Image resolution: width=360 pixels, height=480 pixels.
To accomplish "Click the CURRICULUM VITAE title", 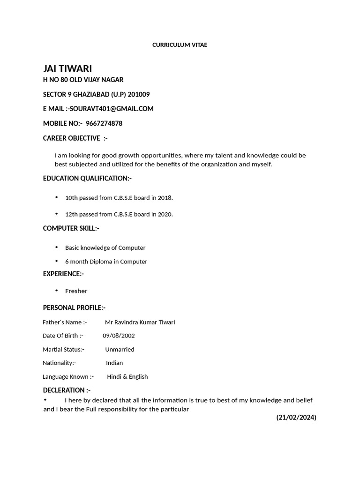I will [x=180, y=45].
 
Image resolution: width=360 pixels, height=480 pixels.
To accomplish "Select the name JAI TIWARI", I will [x=67, y=69].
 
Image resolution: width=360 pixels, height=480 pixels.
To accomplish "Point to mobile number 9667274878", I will [x=104, y=124].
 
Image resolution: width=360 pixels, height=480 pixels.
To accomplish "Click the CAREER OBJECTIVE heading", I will [x=75, y=138].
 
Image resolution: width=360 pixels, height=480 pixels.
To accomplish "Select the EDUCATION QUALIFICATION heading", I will [x=87, y=178].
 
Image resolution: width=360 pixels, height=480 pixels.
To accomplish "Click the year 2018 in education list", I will [x=165, y=198].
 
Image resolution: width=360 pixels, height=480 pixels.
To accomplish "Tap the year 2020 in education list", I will [x=165, y=214].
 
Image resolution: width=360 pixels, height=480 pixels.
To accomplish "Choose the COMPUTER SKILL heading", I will [x=71, y=228].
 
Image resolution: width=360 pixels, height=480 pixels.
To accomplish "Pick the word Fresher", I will [x=76, y=291].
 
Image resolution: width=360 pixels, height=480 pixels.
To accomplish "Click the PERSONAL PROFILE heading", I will [x=74, y=307].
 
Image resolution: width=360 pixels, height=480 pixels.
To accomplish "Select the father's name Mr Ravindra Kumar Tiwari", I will [x=140, y=322].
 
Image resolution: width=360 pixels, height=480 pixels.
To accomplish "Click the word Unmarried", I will [x=120, y=349].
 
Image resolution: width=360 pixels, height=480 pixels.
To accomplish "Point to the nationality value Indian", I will [x=114, y=363].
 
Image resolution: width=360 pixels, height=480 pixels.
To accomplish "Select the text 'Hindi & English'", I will [x=127, y=376].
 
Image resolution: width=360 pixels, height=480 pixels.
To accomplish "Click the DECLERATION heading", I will [x=67, y=390].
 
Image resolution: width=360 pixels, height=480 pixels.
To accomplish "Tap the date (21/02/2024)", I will [x=296, y=417].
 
